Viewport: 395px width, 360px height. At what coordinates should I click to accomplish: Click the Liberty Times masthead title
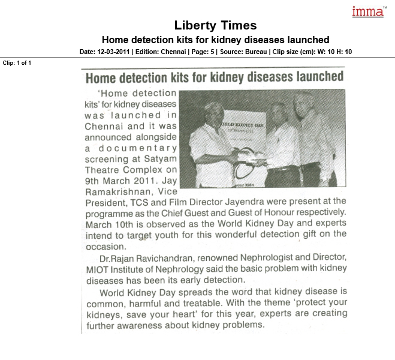tap(215, 26)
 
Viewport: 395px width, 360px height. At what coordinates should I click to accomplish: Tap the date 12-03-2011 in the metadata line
tap(112, 52)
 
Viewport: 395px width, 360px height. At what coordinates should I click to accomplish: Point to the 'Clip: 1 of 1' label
tap(17, 62)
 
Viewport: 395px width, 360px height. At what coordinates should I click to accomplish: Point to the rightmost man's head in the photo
tap(303, 102)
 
